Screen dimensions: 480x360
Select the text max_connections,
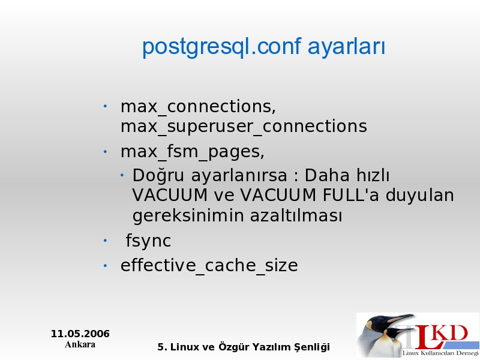[x=199, y=107]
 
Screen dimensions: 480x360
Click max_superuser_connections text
[x=244, y=127]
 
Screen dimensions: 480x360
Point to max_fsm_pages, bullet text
[x=193, y=152]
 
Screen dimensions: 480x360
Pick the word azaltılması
[x=296, y=215]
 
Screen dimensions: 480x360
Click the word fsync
[x=148, y=241]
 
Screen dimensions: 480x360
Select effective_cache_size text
[x=209, y=265]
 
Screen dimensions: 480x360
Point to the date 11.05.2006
[x=80, y=334]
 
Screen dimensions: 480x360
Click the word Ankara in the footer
[x=80, y=344]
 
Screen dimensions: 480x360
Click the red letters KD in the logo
[x=451, y=333]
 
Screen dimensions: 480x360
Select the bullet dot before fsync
[x=105, y=241]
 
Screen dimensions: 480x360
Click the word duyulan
[x=419, y=196]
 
